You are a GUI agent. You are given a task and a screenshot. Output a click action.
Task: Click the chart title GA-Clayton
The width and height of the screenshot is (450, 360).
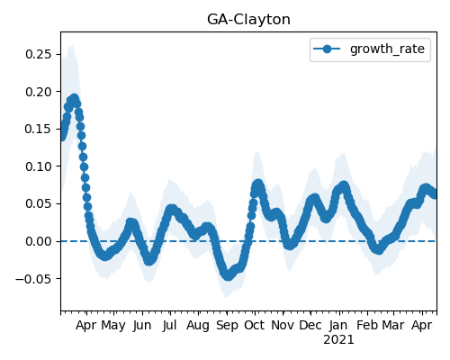248,20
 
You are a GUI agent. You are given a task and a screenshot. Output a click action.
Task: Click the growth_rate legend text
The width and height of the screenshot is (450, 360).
387,49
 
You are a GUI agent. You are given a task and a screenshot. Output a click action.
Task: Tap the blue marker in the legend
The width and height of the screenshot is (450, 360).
327,49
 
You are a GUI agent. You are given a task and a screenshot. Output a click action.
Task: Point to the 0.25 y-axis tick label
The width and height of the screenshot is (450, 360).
39,54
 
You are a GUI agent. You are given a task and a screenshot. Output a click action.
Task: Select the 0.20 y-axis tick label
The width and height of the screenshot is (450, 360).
39,92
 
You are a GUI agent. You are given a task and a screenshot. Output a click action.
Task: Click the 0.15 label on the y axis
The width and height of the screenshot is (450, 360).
39,129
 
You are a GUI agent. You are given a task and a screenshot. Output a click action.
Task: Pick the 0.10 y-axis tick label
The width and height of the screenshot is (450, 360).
39,166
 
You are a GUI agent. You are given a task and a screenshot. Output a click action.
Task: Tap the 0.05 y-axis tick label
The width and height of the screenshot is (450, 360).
39,204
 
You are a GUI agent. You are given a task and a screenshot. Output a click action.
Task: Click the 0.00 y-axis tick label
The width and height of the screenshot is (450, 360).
39,241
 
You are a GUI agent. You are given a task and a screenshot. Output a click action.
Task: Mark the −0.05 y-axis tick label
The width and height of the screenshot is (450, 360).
34,279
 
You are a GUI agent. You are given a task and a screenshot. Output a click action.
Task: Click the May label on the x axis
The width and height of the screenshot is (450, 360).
113,326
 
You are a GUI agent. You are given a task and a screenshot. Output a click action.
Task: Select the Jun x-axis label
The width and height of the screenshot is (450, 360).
142,326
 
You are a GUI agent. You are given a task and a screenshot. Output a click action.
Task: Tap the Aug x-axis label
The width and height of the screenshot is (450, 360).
198,326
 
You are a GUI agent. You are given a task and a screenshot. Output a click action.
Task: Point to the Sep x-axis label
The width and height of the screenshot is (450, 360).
227,326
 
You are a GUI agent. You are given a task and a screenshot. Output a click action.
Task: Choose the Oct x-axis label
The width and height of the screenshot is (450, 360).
255,325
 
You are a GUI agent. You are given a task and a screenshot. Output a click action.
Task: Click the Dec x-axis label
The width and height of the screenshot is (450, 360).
310,325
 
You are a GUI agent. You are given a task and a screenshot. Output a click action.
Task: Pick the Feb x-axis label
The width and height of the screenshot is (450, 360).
367,325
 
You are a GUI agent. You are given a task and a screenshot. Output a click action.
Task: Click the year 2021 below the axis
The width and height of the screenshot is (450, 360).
338,340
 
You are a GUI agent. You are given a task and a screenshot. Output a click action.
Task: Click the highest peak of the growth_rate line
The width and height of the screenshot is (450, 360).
74,98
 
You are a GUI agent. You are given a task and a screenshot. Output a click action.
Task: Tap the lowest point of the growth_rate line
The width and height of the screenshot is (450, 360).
229,275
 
